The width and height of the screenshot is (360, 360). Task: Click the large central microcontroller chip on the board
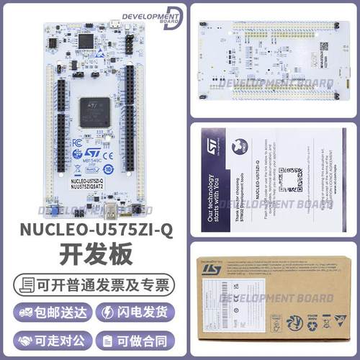coord(94,112)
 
